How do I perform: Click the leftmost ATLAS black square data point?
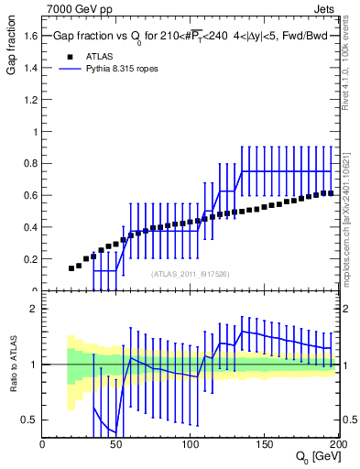71,268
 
